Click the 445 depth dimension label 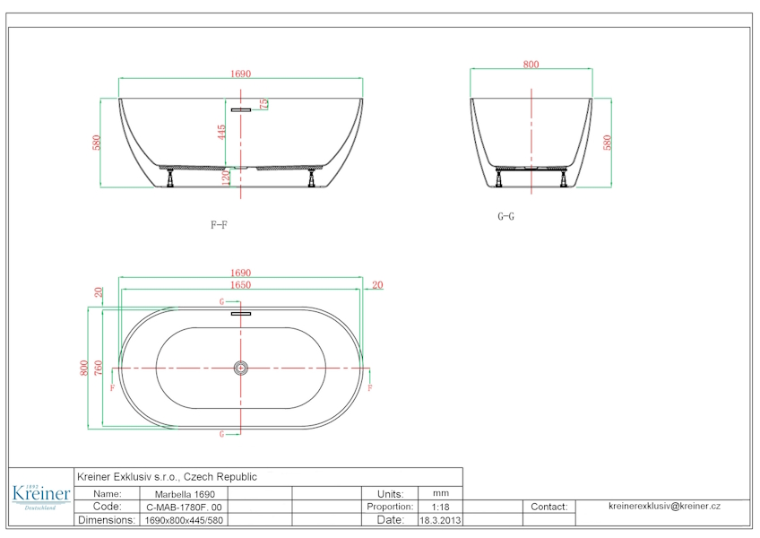[221, 132]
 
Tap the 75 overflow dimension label [263, 104]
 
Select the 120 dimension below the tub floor [225, 178]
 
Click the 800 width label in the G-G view [531, 64]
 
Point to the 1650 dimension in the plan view [240, 285]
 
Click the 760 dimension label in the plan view [99, 368]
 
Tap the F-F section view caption [219, 224]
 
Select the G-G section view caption [505, 216]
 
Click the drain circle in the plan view [241, 369]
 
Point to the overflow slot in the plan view [241, 314]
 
